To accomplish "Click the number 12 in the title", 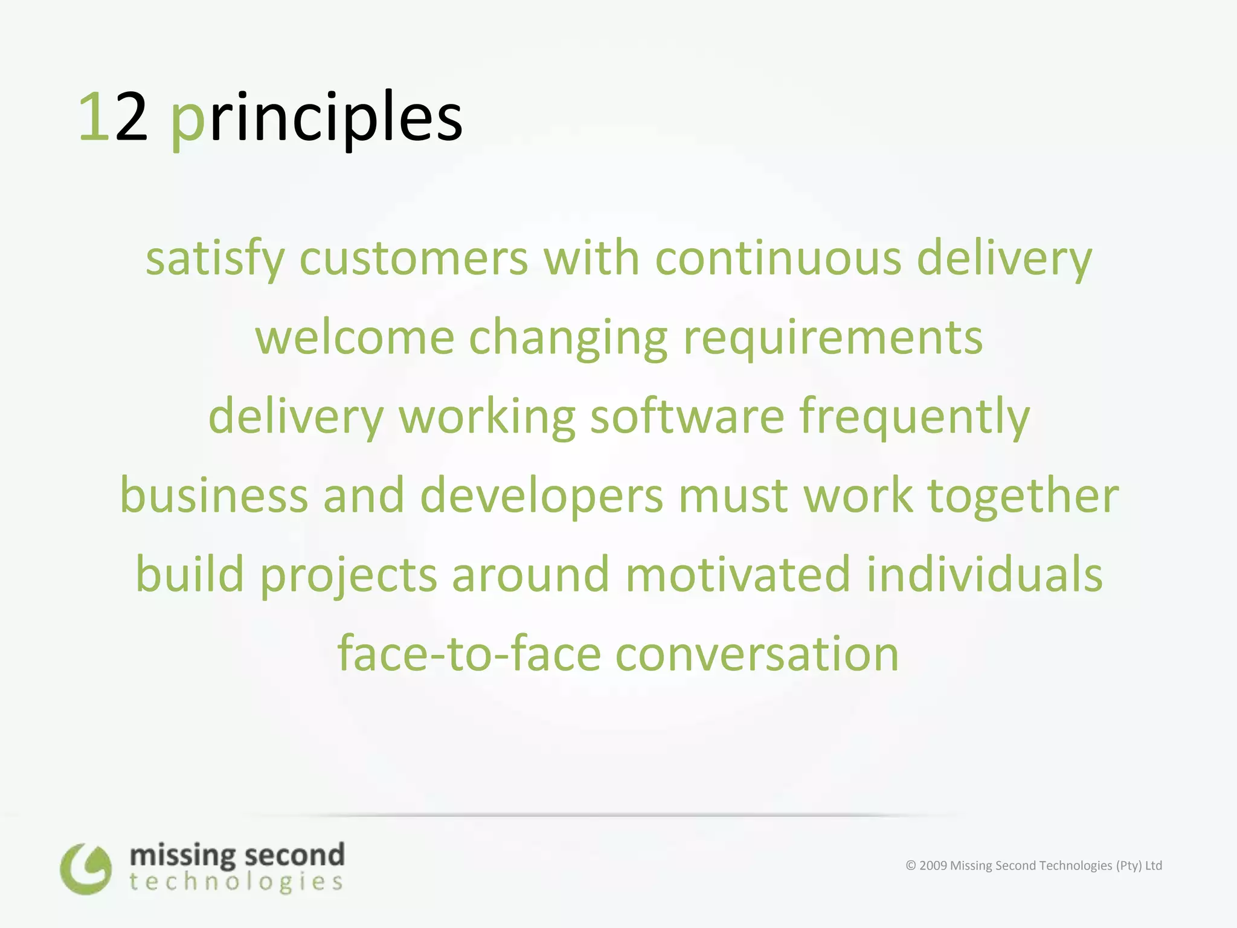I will (x=113, y=118).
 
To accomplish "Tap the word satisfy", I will (x=215, y=259).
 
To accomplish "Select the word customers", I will (x=414, y=259).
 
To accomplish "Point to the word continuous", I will (x=779, y=259).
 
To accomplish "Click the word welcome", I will (x=355, y=337).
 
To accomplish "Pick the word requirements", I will (x=833, y=337).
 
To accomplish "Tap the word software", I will (x=687, y=416).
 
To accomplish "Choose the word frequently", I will (x=914, y=416).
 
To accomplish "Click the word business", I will (x=214, y=495).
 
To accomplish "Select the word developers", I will (x=542, y=495).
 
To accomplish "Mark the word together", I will (x=1023, y=495).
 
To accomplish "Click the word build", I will (x=190, y=574).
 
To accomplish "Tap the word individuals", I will (x=985, y=574).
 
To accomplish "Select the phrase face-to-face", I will (x=469, y=654).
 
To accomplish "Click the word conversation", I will (x=757, y=654).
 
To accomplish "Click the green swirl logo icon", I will (x=86, y=869).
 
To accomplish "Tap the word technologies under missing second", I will (x=236, y=883).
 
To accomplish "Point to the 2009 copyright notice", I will (x=1033, y=865).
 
